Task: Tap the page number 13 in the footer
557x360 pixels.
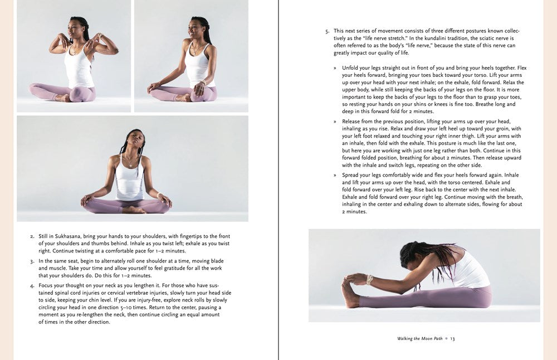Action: point(452,339)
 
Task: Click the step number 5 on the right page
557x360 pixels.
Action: point(327,31)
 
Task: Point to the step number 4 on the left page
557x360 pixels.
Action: point(32,286)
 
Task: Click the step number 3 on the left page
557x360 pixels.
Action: point(32,261)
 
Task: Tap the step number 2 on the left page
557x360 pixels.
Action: point(32,237)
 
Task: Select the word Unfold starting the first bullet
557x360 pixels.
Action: point(351,68)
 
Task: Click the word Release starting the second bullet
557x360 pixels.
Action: point(352,121)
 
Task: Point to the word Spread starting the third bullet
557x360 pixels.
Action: point(351,175)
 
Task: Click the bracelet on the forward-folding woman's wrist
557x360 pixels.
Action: point(369,279)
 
